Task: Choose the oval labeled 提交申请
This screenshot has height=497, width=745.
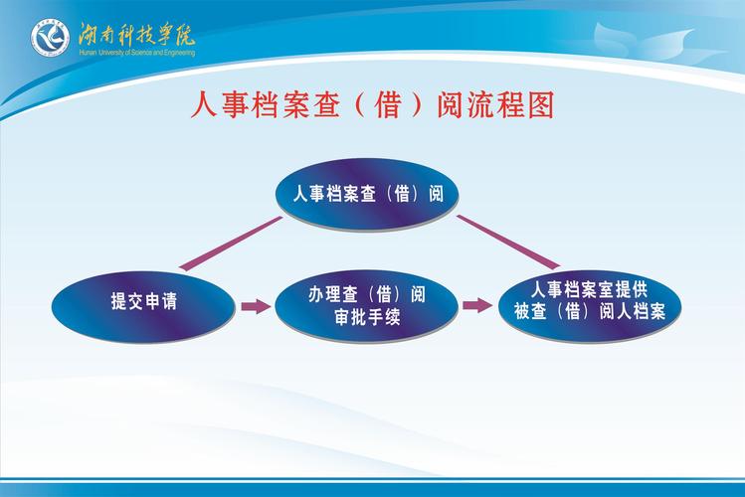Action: pyautogui.click(x=144, y=303)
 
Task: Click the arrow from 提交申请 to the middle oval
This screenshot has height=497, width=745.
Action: pyautogui.click(x=256, y=306)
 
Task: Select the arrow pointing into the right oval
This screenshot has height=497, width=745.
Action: pyautogui.click(x=477, y=305)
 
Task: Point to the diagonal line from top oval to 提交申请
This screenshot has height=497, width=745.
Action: pyautogui.click(x=232, y=244)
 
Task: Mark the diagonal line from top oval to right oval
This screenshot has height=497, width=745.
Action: pyautogui.click(x=507, y=242)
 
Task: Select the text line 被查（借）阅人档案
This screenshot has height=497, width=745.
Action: pyautogui.click(x=590, y=312)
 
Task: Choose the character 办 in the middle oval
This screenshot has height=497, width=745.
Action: pyautogui.click(x=316, y=295)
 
